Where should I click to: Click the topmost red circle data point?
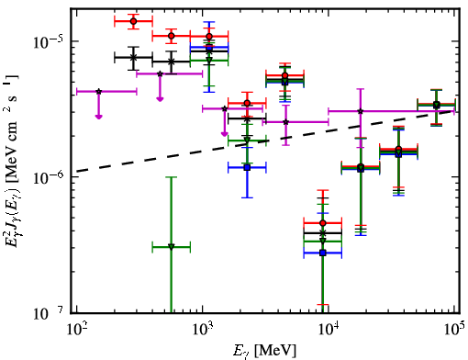(133, 21)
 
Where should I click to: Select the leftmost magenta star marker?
(99, 91)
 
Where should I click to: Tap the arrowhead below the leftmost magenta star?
(98, 117)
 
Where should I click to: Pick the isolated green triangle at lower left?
(172, 246)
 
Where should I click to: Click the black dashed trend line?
(264, 141)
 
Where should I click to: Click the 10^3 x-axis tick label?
(202, 329)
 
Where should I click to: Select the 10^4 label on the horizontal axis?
(328, 329)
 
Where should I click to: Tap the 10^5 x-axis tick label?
(454, 329)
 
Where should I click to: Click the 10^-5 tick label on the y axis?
(48, 41)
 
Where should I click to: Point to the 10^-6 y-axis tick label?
(48, 177)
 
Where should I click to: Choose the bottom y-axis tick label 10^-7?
(48, 313)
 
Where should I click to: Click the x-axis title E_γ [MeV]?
(264, 351)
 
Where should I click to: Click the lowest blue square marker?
(322, 253)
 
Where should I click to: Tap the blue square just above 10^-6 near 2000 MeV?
(247, 167)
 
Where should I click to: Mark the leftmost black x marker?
(133, 57)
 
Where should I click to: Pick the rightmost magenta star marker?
(361, 111)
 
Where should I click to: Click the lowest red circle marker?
(322, 223)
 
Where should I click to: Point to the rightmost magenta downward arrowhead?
(225, 134)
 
